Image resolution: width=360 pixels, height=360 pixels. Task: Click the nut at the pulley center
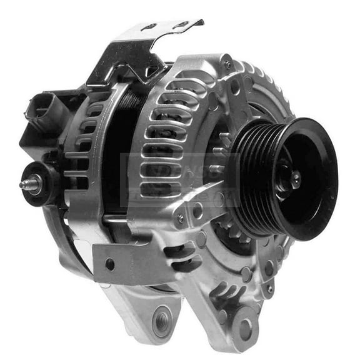coord(292,180)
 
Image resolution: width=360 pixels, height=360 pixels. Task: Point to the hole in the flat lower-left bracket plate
coord(110,264)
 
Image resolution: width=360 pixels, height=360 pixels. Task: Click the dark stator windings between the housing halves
coord(125,144)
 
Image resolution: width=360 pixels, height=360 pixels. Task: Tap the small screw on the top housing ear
coord(229,64)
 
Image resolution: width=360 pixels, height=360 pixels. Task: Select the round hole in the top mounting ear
coord(235,87)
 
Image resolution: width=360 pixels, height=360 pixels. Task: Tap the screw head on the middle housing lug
coord(181,218)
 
